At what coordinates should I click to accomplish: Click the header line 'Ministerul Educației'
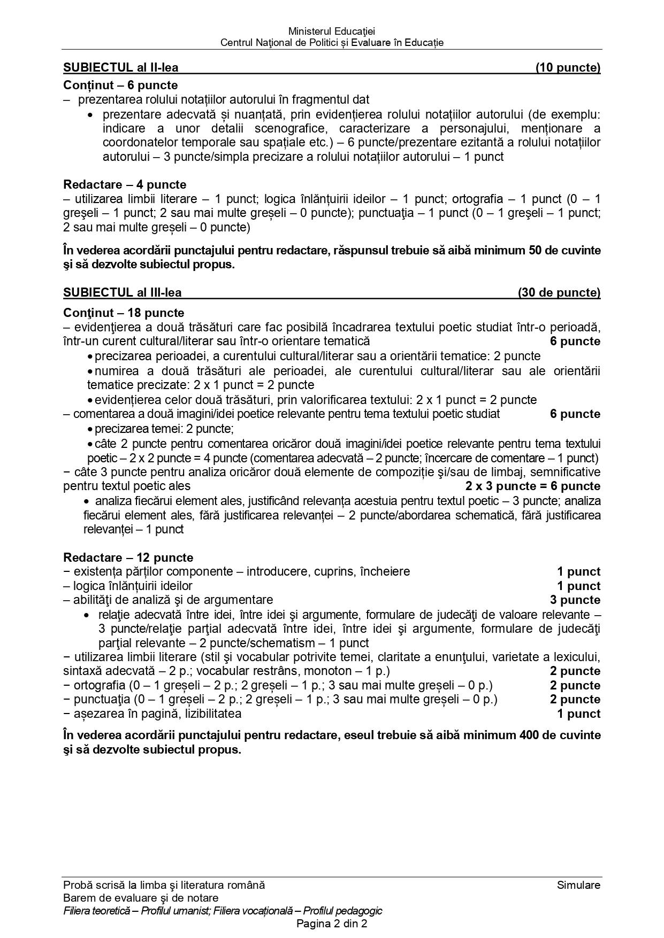coord(332,32)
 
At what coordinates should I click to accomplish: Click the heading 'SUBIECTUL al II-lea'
coord(120,67)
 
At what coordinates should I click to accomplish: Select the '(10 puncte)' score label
coord(568,67)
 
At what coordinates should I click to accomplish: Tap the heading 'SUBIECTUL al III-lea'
coord(122,292)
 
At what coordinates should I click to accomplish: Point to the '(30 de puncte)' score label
coord(559,292)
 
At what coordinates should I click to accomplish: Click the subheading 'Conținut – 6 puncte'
coord(120,85)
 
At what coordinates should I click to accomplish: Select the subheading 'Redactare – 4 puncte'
coord(125,184)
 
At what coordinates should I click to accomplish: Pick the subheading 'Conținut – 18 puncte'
coord(124,313)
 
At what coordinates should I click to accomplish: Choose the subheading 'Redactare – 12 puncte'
coord(128,557)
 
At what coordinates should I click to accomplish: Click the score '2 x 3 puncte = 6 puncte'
coord(532,486)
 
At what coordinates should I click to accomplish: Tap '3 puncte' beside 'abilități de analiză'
coord(575,600)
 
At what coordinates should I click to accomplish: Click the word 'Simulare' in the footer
coord(578,885)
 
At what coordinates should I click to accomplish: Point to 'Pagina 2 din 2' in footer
coord(332,924)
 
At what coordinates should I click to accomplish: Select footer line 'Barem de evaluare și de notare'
coord(141,898)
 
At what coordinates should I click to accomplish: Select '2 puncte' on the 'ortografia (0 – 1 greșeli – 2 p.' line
coord(575,685)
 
